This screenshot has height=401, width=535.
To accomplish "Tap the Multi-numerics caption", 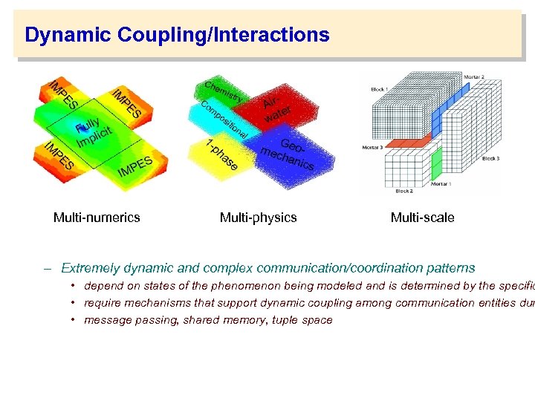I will [x=97, y=218].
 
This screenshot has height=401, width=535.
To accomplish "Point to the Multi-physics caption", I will [x=258, y=218].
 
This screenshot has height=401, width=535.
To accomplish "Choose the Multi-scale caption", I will [x=422, y=218].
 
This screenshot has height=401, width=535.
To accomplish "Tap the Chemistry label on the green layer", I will [x=223, y=90].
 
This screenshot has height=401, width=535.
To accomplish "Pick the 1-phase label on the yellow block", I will [x=222, y=154].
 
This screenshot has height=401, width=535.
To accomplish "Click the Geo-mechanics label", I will [x=288, y=154].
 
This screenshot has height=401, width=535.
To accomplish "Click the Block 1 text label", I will [x=379, y=90].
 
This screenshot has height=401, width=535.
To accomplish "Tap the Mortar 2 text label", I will [x=473, y=77].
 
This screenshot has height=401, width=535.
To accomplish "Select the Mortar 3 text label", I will [x=372, y=147].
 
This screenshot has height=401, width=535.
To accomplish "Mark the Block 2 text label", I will [x=404, y=191].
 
